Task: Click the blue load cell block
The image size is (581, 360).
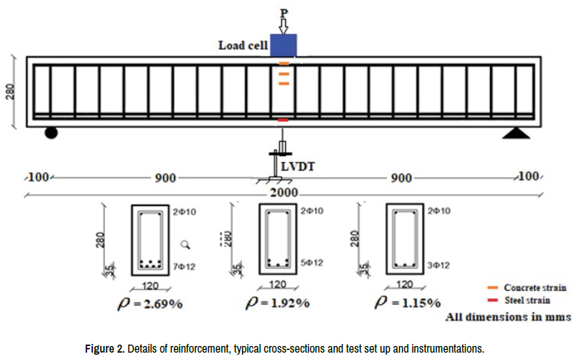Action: tap(283, 45)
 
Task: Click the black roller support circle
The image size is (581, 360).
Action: tap(51, 132)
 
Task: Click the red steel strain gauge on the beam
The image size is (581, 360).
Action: tap(283, 120)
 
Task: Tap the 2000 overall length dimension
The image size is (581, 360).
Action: tap(283, 193)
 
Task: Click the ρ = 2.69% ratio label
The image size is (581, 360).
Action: tap(150, 304)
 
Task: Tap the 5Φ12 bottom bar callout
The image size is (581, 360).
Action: tap(312, 263)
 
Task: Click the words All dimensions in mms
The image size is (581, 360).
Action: tap(508, 317)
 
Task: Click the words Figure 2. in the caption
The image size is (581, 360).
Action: tap(104, 349)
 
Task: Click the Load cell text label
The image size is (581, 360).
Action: tap(243, 46)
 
